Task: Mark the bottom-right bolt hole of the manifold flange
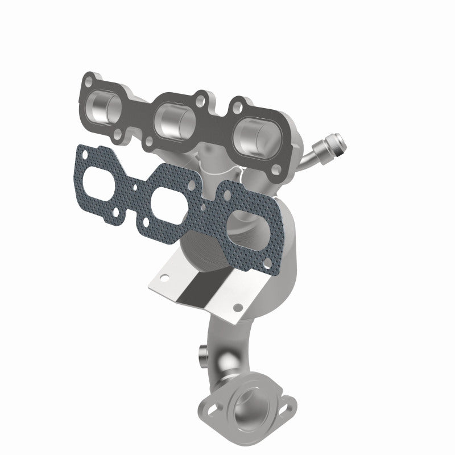(x=276, y=169)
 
